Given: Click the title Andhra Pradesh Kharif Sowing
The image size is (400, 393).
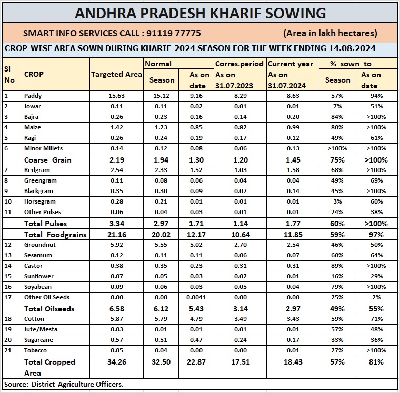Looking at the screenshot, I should tap(200, 13).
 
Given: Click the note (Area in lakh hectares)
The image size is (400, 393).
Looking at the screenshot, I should tap(330, 33).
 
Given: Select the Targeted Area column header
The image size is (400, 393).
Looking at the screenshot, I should tap(116, 74).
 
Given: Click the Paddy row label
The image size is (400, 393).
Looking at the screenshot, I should tap(33, 96).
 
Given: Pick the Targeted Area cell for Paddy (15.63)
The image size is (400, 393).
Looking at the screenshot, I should tap(116, 96).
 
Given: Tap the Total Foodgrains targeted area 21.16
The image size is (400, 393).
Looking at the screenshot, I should tap(116, 234).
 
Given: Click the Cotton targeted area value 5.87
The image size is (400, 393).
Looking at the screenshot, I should tap(116, 319).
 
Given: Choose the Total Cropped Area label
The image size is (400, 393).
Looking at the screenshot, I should tap(50, 367).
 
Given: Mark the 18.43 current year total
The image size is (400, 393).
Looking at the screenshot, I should tap(292, 362).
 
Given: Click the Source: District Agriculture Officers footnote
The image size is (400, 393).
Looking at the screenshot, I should tap(64, 385).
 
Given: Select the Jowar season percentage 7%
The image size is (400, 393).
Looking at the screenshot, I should tap(337, 106).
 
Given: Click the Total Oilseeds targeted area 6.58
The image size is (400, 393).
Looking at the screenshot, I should tap(116, 309).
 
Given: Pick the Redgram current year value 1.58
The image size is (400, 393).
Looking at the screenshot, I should tap(292, 170).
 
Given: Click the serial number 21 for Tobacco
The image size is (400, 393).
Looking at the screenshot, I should tap(7, 350).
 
